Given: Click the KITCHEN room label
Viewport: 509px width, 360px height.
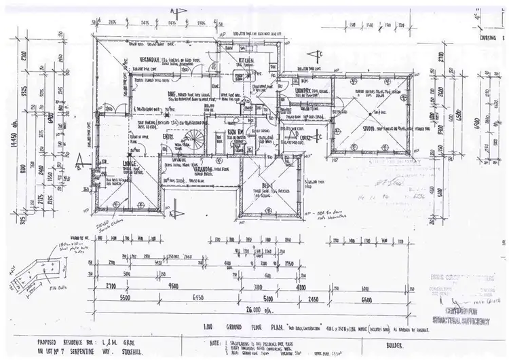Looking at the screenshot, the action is click(245, 61).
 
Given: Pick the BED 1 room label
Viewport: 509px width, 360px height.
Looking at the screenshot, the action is click(267, 185).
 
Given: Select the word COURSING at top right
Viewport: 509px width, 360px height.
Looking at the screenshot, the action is click(488, 39).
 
